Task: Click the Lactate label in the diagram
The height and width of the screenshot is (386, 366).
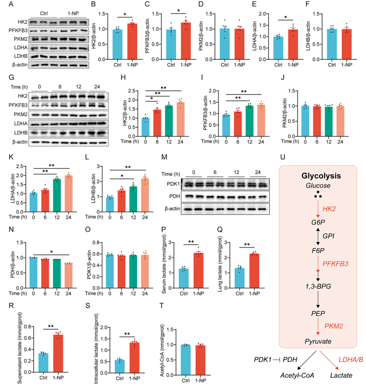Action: [341, 376]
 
